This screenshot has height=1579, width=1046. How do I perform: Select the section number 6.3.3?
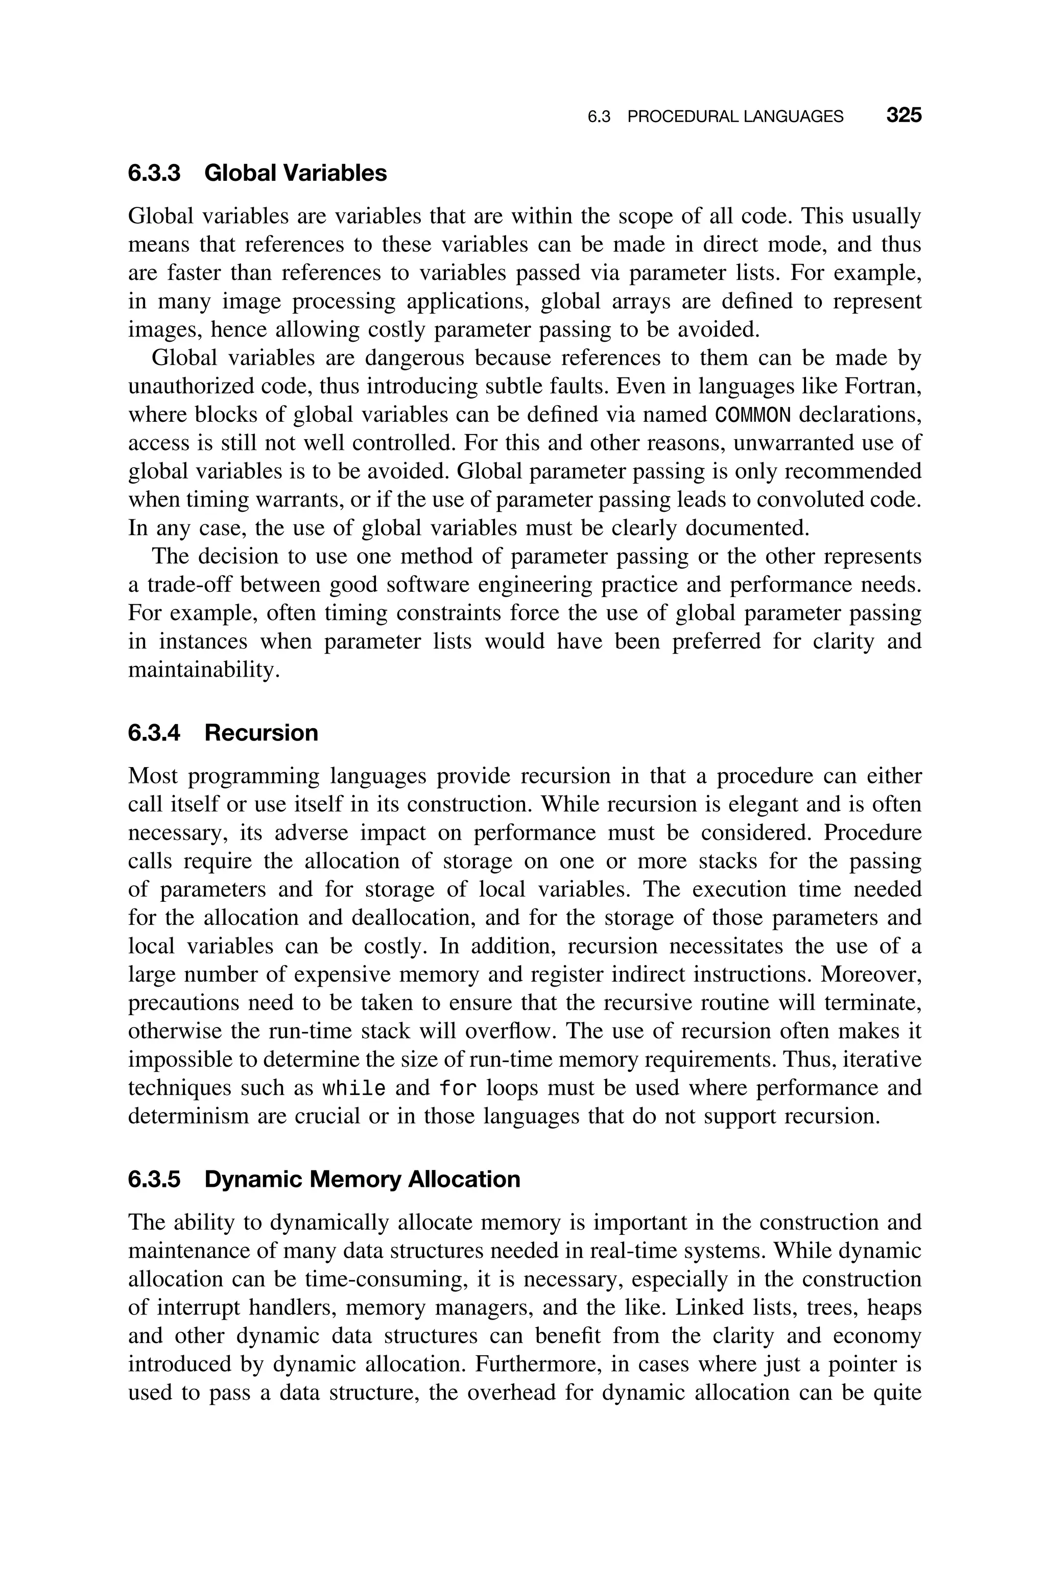click(154, 173)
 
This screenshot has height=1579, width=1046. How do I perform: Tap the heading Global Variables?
click(296, 173)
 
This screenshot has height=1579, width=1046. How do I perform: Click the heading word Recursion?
click(261, 733)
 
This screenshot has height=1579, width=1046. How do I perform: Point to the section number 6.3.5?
click(154, 1180)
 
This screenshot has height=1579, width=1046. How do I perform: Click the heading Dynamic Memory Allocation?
click(362, 1180)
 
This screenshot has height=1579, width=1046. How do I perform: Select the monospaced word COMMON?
click(752, 415)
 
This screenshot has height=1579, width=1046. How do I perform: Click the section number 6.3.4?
click(154, 733)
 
